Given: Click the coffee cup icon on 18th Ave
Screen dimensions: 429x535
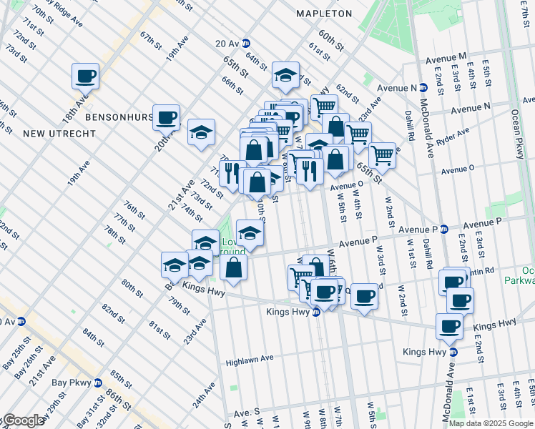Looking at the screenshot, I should coord(85,76).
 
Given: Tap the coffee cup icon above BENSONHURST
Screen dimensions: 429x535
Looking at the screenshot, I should coord(166,117).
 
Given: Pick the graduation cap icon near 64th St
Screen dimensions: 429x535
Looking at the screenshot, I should coord(285,74).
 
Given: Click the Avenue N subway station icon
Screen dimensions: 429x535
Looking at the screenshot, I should coord(423,88).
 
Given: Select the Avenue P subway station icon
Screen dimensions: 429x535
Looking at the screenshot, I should coord(443,230).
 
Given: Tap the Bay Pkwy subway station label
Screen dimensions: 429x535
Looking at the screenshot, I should coord(72,383).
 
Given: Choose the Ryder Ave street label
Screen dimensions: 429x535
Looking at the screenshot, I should coord(454,137).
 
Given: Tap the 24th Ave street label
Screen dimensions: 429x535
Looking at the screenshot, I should coord(202,398).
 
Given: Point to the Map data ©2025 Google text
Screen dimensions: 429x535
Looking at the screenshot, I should coord(491,423).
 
